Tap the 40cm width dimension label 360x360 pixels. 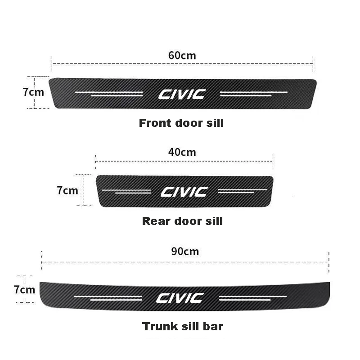tap(182, 152)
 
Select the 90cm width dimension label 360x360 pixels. tap(185, 251)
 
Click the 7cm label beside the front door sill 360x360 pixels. tap(33, 92)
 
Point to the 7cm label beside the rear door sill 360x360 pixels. tap(67, 190)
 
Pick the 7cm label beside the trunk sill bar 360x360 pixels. tap(24, 289)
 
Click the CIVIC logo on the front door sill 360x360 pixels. tap(182, 94)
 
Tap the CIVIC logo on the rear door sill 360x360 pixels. tap(184, 192)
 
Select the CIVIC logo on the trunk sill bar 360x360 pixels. tap(180, 297)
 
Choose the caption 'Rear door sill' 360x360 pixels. tap(182, 221)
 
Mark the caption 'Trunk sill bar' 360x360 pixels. tap(182, 326)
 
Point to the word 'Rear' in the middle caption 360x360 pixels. tap(154, 221)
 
